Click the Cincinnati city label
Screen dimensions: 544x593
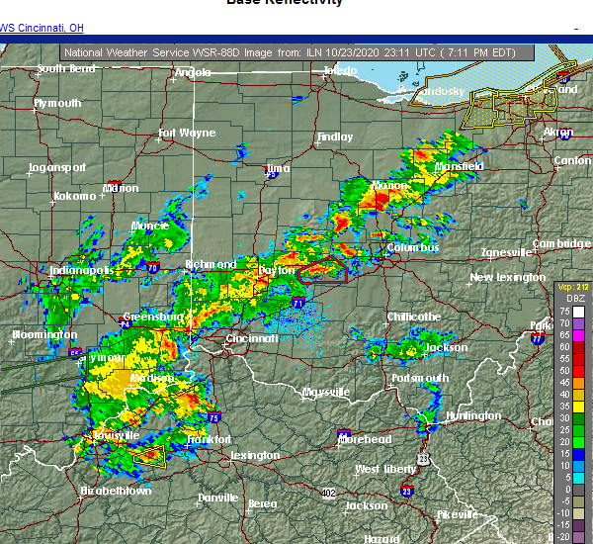[x=251, y=338]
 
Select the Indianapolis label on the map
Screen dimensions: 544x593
[x=82, y=270]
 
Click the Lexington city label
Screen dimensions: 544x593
[x=254, y=455]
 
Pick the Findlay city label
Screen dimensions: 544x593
[x=334, y=137]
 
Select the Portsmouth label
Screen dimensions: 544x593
[x=420, y=378]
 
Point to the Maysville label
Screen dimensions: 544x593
[x=326, y=392]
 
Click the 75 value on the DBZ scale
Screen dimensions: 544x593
[x=563, y=311]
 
